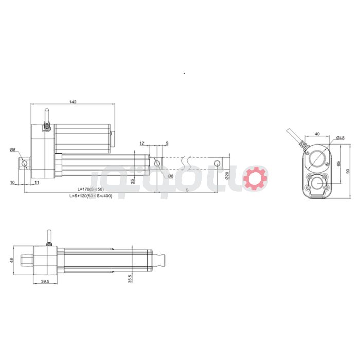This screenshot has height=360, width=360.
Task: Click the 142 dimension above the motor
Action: point(73,102)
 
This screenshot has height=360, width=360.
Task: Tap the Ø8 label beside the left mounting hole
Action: point(12,150)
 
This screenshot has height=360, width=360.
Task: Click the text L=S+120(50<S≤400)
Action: point(91,196)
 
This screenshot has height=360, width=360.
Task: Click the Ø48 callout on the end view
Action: point(339,138)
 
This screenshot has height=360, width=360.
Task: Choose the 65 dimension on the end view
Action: point(338,164)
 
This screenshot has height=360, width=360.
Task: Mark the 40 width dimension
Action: point(317,134)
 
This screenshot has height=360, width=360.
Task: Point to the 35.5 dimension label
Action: point(130,278)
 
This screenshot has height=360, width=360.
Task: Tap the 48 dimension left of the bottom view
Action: point(11,260)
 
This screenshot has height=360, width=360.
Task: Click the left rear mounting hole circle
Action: point(25,164)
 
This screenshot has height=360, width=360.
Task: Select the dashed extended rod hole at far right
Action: point(217,164)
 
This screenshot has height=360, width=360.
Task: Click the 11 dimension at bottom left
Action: point(37,182)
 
